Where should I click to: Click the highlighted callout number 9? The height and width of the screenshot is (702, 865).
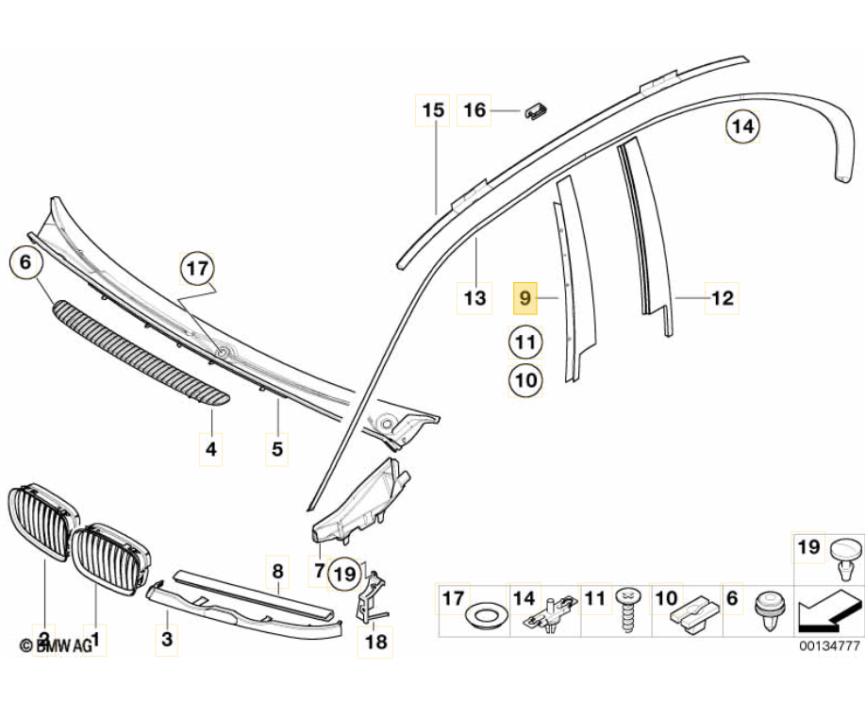tap(524, 298)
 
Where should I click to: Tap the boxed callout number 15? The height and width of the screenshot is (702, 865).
tap(433, 110)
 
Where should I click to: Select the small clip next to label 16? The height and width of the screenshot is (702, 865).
tap(535, 110)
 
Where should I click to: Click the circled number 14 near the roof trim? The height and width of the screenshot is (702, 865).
tap(742, 127)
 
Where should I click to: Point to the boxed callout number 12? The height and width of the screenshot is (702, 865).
tap(723, 298)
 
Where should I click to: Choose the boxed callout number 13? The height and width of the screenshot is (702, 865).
tap(474, 298)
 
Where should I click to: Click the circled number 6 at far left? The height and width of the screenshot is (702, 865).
tap(25, 262)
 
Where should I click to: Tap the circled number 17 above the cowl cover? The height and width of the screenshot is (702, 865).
tap(197, 269)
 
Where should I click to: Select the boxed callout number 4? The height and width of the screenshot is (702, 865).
tap(210, 450)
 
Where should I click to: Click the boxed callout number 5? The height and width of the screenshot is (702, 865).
tap(277, 450)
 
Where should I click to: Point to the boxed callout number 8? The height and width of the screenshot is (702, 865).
tap(277, 571)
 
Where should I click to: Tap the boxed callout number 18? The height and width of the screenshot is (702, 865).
tap(375, 642)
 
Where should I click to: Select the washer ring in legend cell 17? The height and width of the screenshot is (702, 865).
tap(486, 617)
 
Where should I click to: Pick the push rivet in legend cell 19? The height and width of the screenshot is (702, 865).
tap(846, 557)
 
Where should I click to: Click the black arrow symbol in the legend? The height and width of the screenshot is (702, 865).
tap(824, 612)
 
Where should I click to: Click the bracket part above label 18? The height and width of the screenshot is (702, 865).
tap(372, 595)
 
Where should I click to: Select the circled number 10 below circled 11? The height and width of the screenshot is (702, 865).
tap(525, 380)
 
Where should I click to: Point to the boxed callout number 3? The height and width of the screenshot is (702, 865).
tap(167, 640)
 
